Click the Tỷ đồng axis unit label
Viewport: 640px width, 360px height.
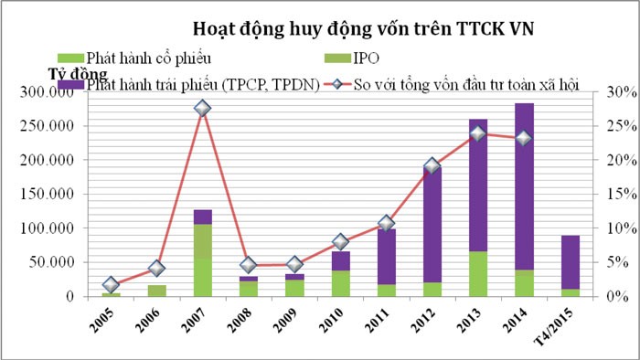pyautogui.click(x=77, y=73)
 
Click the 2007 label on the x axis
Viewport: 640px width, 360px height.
pyautogui.click(x=202, y=324)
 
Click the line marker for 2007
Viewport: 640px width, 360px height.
pyautogui.click(x=202, y=109)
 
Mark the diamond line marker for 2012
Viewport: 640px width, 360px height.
pyautogui.click(x=432, y=166)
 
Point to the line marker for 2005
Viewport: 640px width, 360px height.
pyautogui.click(x=111, y=285)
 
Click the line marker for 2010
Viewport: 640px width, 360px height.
pyautogui.click(x=340, y=242)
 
